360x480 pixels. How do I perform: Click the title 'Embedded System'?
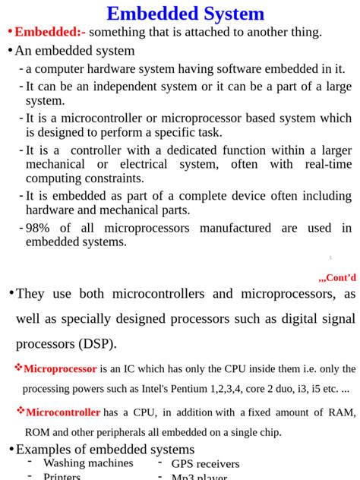pos(185,14)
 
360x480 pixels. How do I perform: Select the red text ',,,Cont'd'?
pos(336,277)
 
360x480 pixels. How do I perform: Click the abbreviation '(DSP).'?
pos(96,343)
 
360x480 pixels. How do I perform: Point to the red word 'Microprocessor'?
pos(60,369)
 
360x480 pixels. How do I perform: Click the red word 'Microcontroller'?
pos(63,412)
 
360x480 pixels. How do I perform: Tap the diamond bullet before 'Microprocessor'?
pos(18,368)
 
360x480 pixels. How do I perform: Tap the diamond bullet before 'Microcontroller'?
pos(21,412)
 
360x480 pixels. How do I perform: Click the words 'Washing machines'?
pos(88,463)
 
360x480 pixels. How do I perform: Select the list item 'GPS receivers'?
pos(205,464)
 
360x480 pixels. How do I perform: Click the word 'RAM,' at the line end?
pos(341,412)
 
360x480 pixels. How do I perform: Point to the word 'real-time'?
pos(328,164)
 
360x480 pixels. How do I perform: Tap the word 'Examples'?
pos(45,449)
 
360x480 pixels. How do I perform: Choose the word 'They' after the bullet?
pos(30,294)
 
